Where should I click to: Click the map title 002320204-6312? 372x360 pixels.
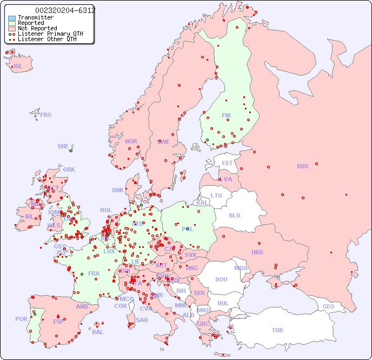[65, 10]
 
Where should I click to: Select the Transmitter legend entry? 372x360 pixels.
[35, 17]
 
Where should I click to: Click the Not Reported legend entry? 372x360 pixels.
[37, 28]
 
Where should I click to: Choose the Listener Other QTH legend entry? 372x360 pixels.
[47, 39]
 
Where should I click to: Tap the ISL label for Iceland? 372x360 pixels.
[18, 67]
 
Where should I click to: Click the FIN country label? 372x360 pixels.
[226, 115]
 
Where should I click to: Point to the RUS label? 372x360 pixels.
[302, 166]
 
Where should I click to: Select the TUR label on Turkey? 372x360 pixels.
[277, 330]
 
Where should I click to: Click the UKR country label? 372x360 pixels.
[257, 252]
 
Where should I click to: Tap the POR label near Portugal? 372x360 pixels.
[21, 319]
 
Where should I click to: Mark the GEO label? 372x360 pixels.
[328, 306]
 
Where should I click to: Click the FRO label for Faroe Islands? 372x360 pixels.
[46, 115]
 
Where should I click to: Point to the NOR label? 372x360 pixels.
[131, 141]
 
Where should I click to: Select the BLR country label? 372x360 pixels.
[234, 215]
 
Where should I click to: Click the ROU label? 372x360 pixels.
[221, 279]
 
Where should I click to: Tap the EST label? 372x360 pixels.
[227, 163]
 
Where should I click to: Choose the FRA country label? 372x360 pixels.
[94, 273]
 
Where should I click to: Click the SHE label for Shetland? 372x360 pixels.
[63, 146]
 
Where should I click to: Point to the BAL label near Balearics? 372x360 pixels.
[98, 332]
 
